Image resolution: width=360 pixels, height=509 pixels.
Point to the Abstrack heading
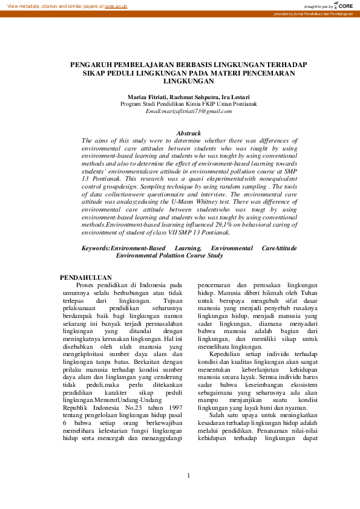coord(188,132)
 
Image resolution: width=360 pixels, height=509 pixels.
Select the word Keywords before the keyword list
coord(96,248)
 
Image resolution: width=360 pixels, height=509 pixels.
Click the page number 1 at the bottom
coord(188,476)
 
